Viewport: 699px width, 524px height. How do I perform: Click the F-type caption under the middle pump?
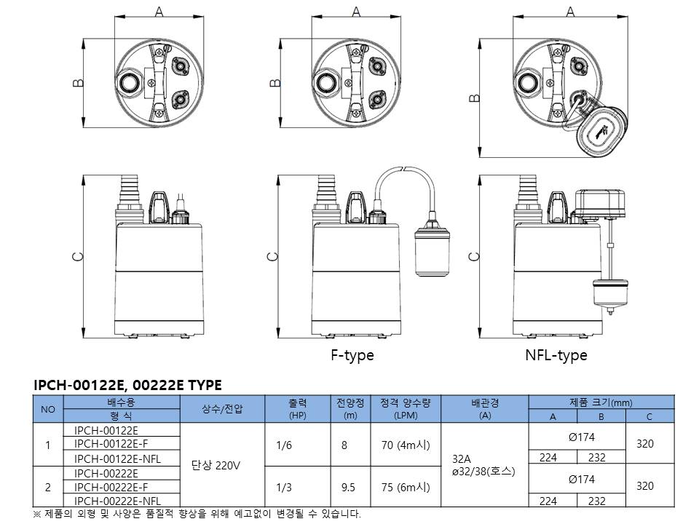pyautogui.click(x=352, y=355)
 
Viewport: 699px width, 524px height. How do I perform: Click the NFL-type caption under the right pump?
pyautogui.click(x=556, y=355)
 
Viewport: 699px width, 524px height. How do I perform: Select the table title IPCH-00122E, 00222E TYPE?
pyautogui.click(x=127, y=385)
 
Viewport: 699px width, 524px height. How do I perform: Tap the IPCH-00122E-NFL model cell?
pyautogui.click(x=117, y=459)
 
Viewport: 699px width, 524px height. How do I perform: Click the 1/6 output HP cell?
pyautogui.click(x=284, y=445)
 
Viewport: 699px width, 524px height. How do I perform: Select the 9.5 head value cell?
pyautogui.click(x=348, y=488)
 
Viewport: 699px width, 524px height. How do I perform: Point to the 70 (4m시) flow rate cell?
pyautogui.click(x=406, y=445)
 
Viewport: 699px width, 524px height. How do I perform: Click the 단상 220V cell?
pyautogui.click(x=216, y=466)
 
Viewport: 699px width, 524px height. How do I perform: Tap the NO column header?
pyautogui.click(x=48, y=409)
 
